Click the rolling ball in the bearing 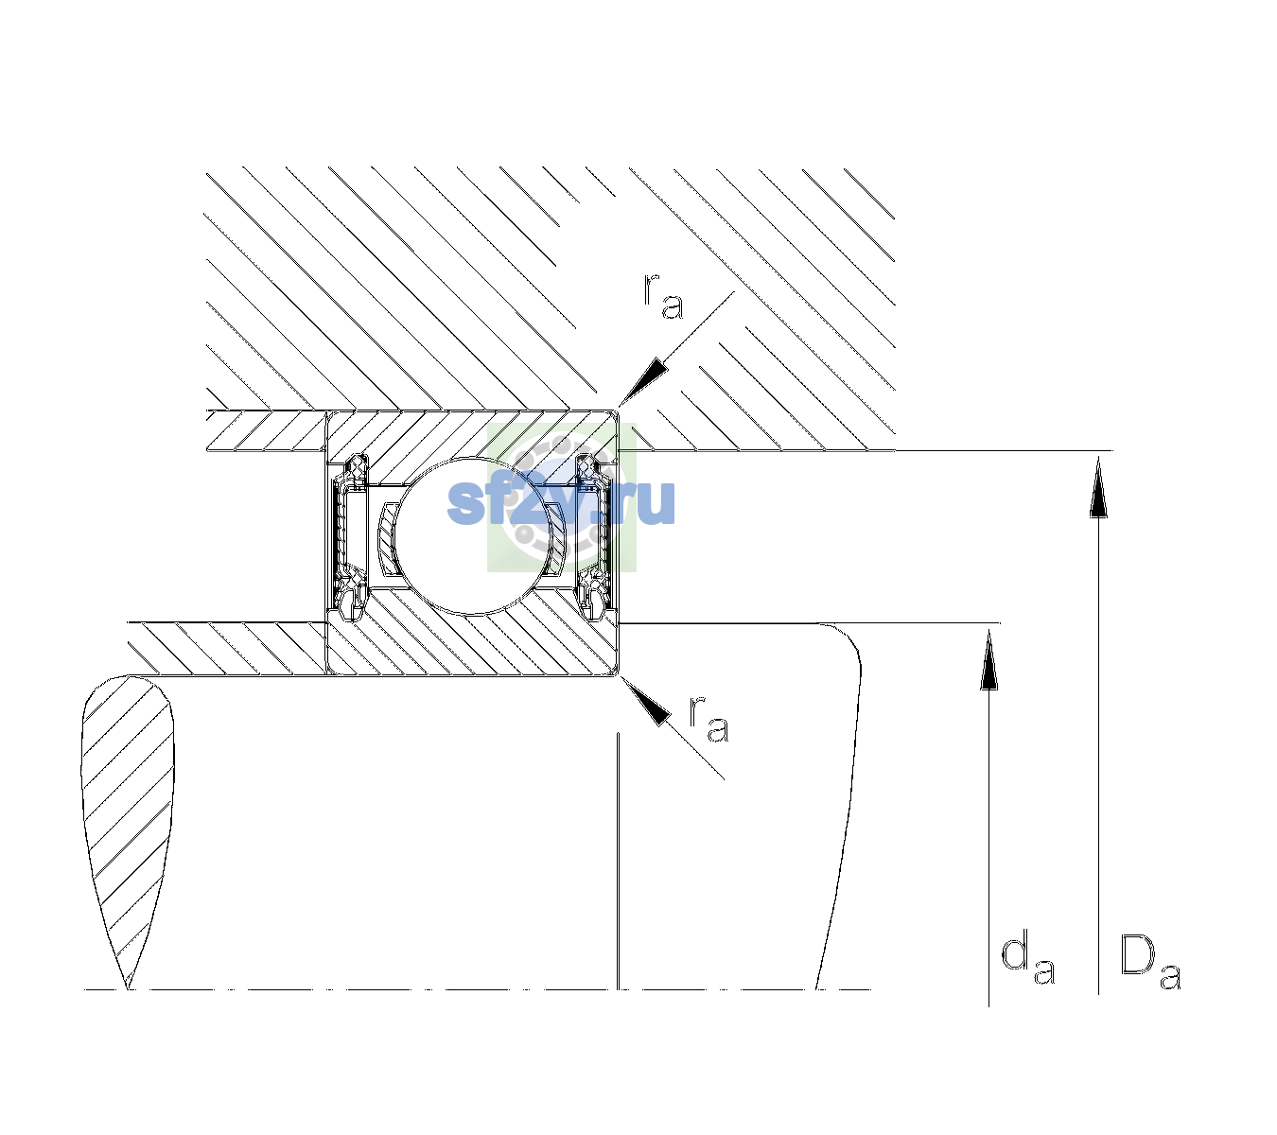point(472,535)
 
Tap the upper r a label point(663,296)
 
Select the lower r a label point(709,720)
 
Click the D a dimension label point(1149,962)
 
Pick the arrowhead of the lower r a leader point(644,701)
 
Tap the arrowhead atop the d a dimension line point(988,658)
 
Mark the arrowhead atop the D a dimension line point(1098,486)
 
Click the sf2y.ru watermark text point(561,501)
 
